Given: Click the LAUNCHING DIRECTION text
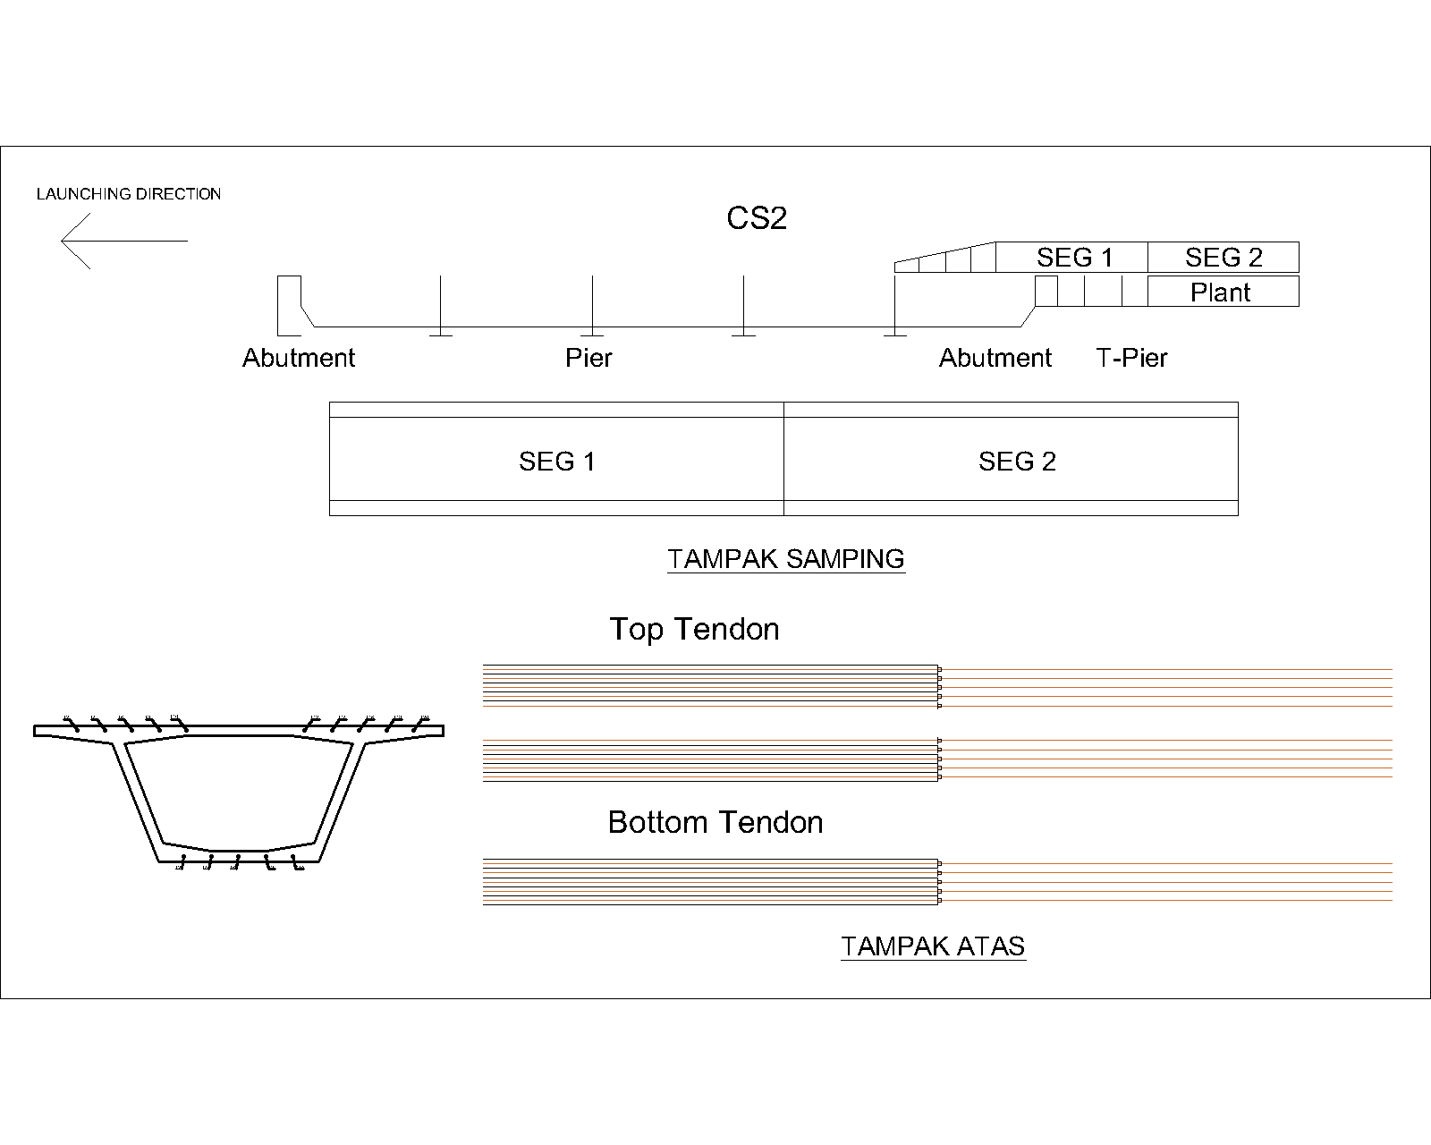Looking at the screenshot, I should click(129, 194).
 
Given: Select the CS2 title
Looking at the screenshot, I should click(757, 219).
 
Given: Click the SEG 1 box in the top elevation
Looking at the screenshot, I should click(1073, 258).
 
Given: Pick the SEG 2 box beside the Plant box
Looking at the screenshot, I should click(1223, 258).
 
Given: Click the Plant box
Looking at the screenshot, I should click(1222, 293).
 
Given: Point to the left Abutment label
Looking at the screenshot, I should click(299, 359).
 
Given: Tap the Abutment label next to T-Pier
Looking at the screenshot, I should click(995, 359).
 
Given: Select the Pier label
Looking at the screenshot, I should click(588, 359).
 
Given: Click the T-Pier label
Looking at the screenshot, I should click(1131, 359).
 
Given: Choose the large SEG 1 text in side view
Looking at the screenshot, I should click(556, 462).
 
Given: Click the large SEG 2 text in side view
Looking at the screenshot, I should click(1017, 462).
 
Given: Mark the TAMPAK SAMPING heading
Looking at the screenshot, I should click(786, 559).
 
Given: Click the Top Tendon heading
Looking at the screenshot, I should click(694, 630).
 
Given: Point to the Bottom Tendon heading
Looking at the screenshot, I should click(715, 823).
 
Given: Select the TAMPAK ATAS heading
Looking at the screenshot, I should click(933, 946).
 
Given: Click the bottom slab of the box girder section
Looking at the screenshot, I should click(240, 856).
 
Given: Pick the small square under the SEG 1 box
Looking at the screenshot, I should click(1046, 292).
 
